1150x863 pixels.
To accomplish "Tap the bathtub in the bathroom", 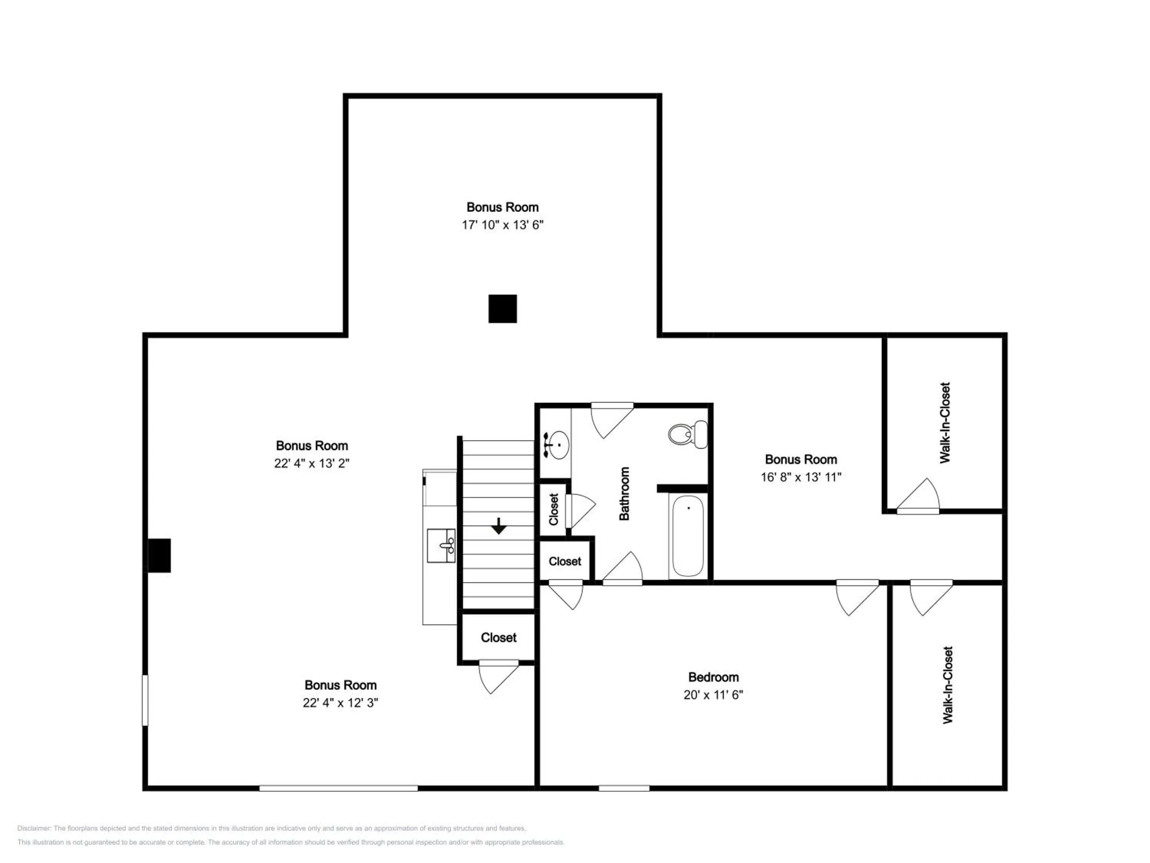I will [688, 536].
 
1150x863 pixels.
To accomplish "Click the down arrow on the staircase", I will [499, 527].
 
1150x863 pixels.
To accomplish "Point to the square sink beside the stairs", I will [441, 546].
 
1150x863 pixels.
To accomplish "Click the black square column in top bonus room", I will [502, 308].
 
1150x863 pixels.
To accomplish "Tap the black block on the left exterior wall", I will [159, 555].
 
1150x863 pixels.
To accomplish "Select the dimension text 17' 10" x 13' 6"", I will [502, 225].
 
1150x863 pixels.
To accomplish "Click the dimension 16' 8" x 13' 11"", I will [801, 477].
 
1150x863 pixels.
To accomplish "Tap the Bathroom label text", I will [624, 493].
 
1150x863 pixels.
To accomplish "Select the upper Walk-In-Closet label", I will [945, 423].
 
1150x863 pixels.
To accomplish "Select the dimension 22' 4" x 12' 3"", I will [340, 702].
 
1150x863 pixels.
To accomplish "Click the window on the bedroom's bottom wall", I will [623, 788].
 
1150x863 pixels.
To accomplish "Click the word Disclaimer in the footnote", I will [34, 828].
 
